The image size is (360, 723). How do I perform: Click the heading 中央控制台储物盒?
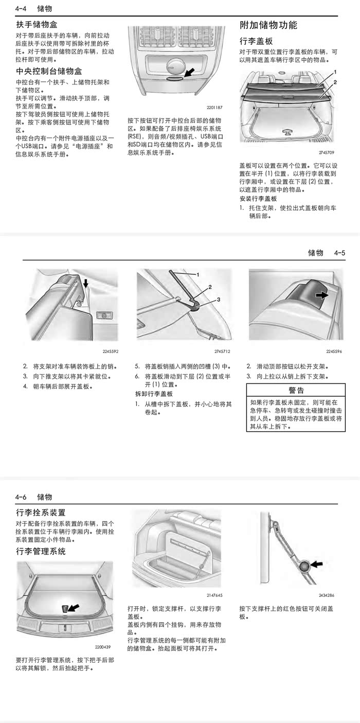pos(49,71)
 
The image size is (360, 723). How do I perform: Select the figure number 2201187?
pos(215,108)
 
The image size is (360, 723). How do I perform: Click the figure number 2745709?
pos(326,152)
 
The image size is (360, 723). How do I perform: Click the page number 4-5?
pos(339,253)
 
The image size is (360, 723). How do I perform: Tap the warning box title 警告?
pos(296,390)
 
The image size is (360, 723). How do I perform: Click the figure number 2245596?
pos(334,351)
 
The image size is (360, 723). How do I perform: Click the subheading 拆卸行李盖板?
pos(154,394)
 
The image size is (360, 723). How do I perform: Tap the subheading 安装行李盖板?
pos(258,198)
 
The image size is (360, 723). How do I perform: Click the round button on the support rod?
pos(304,565)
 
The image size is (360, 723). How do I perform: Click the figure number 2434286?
pos(326,595)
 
